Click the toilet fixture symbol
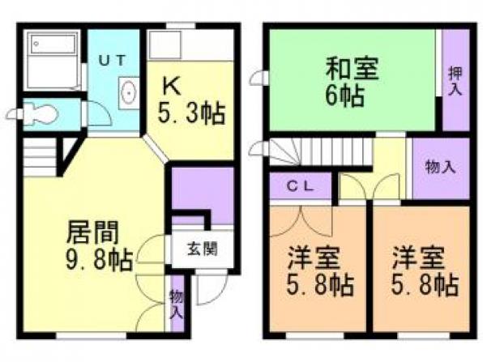pyautogui.click(x=41, y=114)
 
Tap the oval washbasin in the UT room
pyautogui.click(x=129, y=92)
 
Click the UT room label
pyautogui.click(x=112, y=60)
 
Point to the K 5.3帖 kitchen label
pyautogui.click(x=190, y=100)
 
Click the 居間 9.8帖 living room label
pyautogui.click(x=99, y=246)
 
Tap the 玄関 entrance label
pyautogui.click(x=203, y=249)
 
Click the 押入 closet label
pyautogui.click(x=455, y=81)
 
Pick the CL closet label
pyautogui.click(x=301, y=186)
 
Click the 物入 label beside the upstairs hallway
pyautogui.click(x=440, y=168)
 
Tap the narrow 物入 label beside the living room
pyautogui.click(x=177, y=305)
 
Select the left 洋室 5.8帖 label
pyautogui.click(x=320, y=270)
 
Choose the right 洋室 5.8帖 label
pyautogui.click(x=425, y=270)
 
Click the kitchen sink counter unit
pyautogui.click(x=190, y=45)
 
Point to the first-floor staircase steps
pyautogui.click(x=40, y=157)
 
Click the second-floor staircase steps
pyautogui.click(x=320, y=151)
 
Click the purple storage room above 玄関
pyautogui.click(x=202, y=196)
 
